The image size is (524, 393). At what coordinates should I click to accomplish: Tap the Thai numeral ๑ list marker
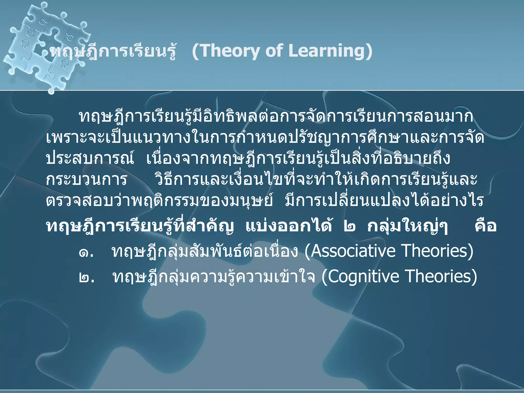[x=84, y=253]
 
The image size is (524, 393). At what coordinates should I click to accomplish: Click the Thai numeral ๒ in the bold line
[x=349, y=227]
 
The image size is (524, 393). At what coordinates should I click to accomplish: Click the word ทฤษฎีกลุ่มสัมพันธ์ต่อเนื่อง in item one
[x=205, y=252]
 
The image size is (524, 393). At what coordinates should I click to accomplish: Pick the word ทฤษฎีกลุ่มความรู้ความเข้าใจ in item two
[x=214, y=277]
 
